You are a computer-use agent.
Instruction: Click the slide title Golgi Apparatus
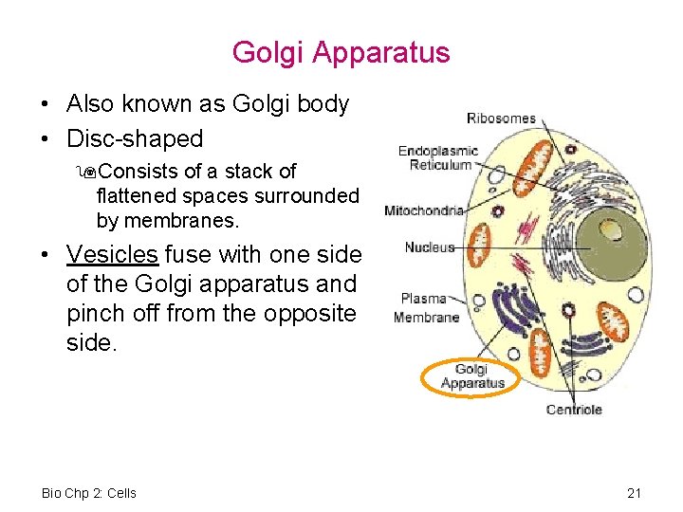click(x=341, y=52)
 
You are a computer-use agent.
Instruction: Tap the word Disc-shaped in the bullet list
click(x=135, y=138)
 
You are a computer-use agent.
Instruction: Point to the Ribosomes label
click(x=501, y=119)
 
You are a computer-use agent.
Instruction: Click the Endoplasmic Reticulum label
click(x=438, y=157)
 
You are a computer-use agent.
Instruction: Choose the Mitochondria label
click(x=424, y=210)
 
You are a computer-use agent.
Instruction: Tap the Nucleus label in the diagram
click(x=430, y=247)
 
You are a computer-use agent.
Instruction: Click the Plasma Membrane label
click(x=427, y=308)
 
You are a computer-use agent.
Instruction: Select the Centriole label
click(x=574, y=410)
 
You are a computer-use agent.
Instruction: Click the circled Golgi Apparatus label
click(x=472, y=376)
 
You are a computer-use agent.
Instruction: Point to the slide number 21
click(x=635, y=493)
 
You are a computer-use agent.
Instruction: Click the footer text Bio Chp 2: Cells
click(x=89, y=493)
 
